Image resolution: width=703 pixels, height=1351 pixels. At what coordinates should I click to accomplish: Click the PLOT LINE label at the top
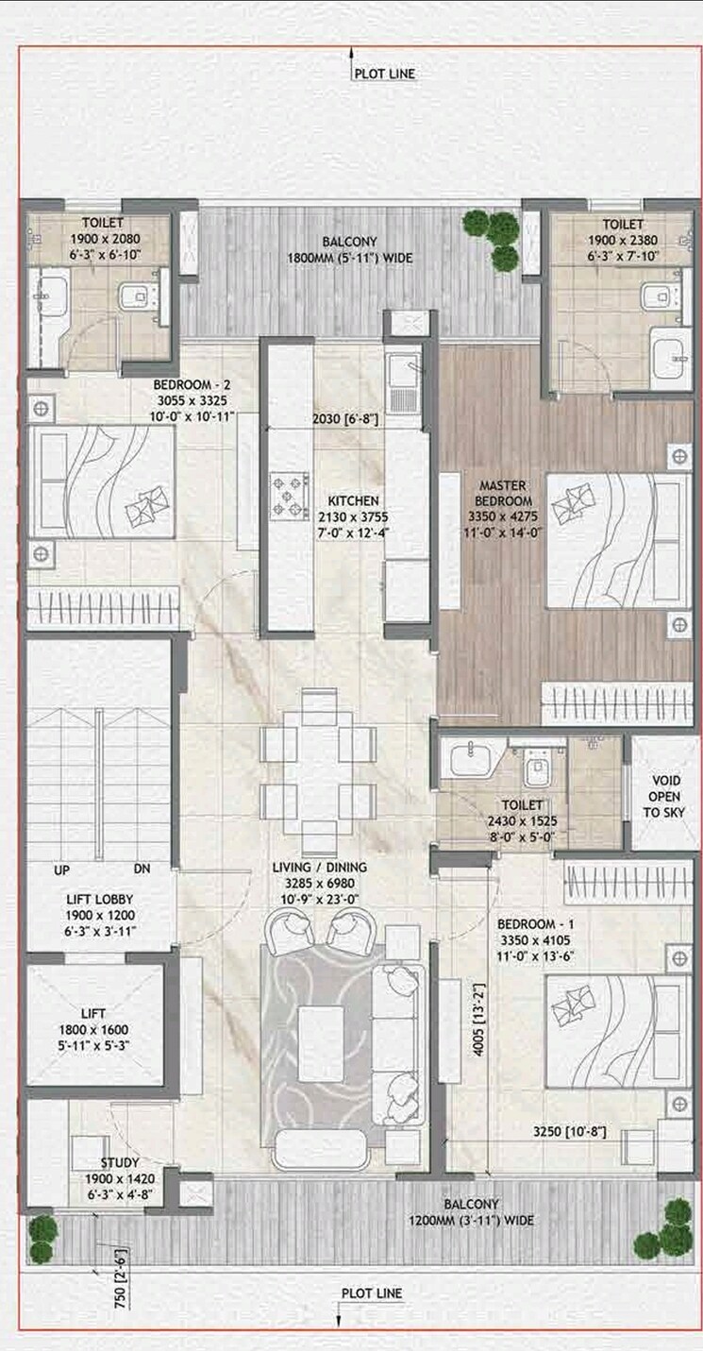384,74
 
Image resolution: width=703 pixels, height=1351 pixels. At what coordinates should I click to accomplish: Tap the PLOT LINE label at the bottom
371,1293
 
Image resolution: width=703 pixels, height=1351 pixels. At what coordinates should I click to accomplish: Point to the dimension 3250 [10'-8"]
569,1130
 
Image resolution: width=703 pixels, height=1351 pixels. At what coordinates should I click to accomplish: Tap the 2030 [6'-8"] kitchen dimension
346,419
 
